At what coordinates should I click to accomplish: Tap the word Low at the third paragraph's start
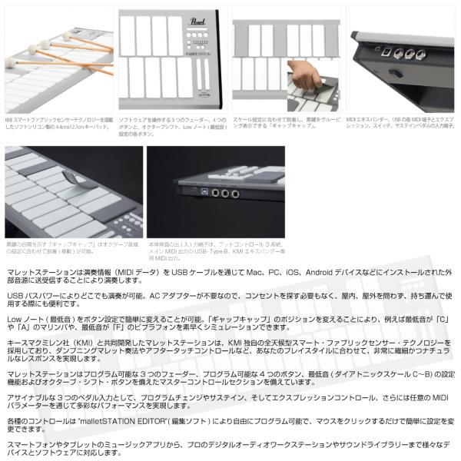coord(15,317)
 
